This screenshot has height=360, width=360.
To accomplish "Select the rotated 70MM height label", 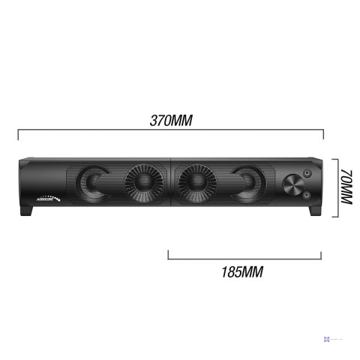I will click(x=346, y=187).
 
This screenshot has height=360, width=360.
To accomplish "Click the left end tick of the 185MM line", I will click(x=169, y=255).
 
